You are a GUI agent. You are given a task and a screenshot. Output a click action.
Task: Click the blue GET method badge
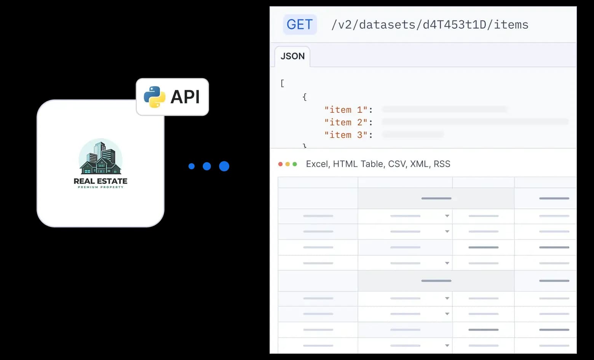coord(300,24)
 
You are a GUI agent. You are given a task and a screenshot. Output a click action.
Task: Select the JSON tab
coord(292,56)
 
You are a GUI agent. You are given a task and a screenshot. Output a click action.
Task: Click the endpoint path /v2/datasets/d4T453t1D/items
coord(430,25)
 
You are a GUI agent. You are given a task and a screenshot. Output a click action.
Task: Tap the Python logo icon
coord(154,97)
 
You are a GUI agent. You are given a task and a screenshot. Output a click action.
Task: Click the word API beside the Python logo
coord(185,97)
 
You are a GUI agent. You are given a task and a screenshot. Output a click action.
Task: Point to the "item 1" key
coord(346,110)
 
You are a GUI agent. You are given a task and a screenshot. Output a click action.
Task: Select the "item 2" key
coord(346,122)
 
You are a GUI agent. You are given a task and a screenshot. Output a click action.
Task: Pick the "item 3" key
coord(346,135)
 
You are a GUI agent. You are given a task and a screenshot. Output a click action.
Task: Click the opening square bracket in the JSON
coord(282,83)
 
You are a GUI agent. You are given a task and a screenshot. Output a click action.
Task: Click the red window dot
coord(281,164)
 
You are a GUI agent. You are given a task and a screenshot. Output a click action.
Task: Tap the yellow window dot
coord(287,164)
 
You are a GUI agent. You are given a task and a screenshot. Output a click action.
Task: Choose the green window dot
coord(295,164)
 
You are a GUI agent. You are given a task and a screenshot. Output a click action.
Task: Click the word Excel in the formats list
coord(317,164)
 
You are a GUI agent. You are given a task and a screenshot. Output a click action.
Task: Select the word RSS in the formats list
coord(442,164)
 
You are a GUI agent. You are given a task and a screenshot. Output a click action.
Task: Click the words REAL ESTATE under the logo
coord(101,181)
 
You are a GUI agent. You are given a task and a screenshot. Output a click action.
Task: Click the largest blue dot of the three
coord(224,166)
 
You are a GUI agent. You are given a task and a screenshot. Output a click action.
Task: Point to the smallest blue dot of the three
coord(192,166)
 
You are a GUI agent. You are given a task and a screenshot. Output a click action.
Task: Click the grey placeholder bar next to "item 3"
coord(413,134)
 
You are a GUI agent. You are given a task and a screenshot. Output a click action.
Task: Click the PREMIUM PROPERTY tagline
coord(101,187)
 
